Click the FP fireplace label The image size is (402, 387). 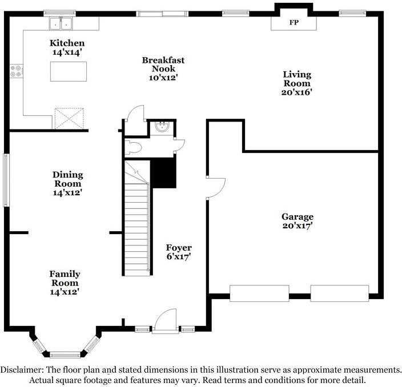(x=294, y=23)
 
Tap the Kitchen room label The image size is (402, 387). (x=67, y=43)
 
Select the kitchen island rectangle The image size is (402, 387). (x=69, y=72)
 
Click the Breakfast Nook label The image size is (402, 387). (x=163, y=64)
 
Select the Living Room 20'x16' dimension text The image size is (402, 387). (x=297, y=91)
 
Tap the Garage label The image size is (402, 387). (x=297, y=217)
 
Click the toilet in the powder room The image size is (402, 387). (x=134, y=148)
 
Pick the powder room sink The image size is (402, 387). (x=163, y=127)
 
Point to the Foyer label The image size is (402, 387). (x=179, y=248)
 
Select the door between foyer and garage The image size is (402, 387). (x=216, y=187)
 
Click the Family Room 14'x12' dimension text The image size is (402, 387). (x=64, y=292)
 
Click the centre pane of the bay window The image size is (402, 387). (x=64, y=354)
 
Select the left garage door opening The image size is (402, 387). (x=259, y=293)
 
